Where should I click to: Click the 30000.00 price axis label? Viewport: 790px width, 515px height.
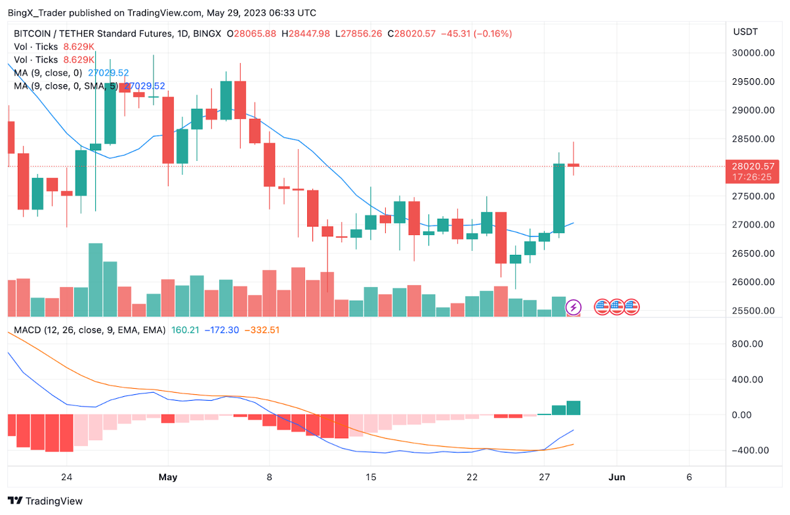pos(751,53)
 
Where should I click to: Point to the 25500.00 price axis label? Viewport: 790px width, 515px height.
pos(751,311)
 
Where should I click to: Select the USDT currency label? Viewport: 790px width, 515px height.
pos(745,32)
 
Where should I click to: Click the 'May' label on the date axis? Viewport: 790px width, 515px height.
pos(169,477)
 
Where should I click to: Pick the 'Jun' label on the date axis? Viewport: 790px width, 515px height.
pos(617,477)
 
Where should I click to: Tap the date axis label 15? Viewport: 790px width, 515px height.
pos(371,477)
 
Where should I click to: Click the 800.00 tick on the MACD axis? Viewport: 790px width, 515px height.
pos(747,344)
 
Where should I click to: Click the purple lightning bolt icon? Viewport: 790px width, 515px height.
pos(573,307)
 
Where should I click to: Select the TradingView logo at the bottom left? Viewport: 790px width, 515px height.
pos(45,501)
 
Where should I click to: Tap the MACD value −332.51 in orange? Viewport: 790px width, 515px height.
pos(262,330)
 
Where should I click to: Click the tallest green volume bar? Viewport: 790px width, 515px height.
pos(95,280)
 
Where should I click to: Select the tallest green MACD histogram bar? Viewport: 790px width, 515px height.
pos(573,408)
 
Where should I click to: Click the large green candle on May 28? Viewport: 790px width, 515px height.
pos(559,198)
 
